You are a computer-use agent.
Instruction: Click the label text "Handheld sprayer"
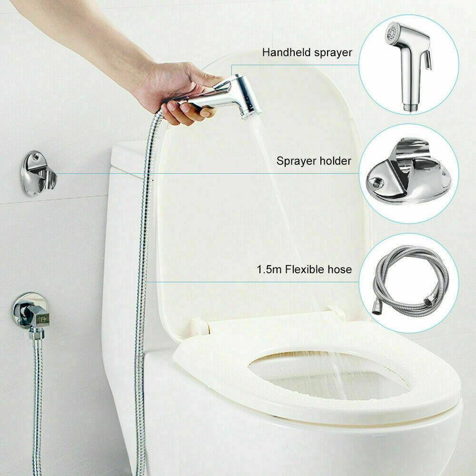307,52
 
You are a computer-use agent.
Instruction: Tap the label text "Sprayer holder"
314,161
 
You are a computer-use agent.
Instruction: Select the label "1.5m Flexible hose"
304,269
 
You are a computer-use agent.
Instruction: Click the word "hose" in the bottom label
340,269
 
